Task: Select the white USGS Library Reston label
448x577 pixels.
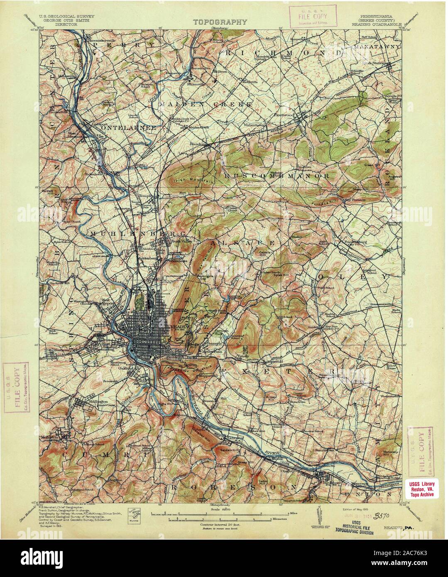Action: pyautogui.click(x=420, y=488)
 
